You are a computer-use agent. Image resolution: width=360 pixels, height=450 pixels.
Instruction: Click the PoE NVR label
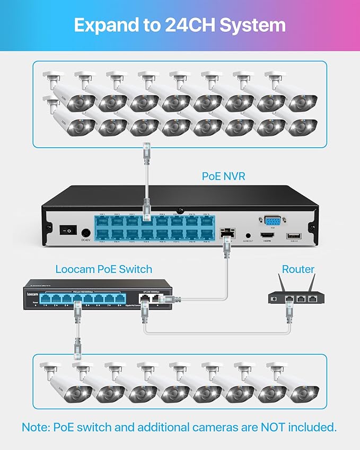pyautogui.click(x=224, y=176)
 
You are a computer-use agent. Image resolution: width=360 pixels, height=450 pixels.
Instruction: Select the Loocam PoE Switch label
pyautogui.click(x=104, y=269)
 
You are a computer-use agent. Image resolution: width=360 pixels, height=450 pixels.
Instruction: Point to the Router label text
pyautogui.click(x=298, y=269)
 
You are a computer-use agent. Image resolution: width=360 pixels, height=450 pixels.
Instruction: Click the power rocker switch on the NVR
pyautogui.click(x=67, y=231)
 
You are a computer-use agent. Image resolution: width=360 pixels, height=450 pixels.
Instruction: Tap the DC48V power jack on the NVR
pyautogui.click(x=85, y=232)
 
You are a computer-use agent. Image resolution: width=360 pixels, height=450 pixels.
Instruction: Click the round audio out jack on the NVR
pyautogui.click(x=248, y=235)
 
